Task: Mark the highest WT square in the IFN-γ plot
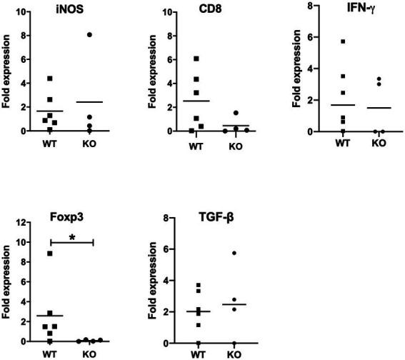324,41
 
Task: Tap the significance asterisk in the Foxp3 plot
71,236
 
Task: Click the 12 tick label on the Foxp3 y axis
25,223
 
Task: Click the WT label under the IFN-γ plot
324,142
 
